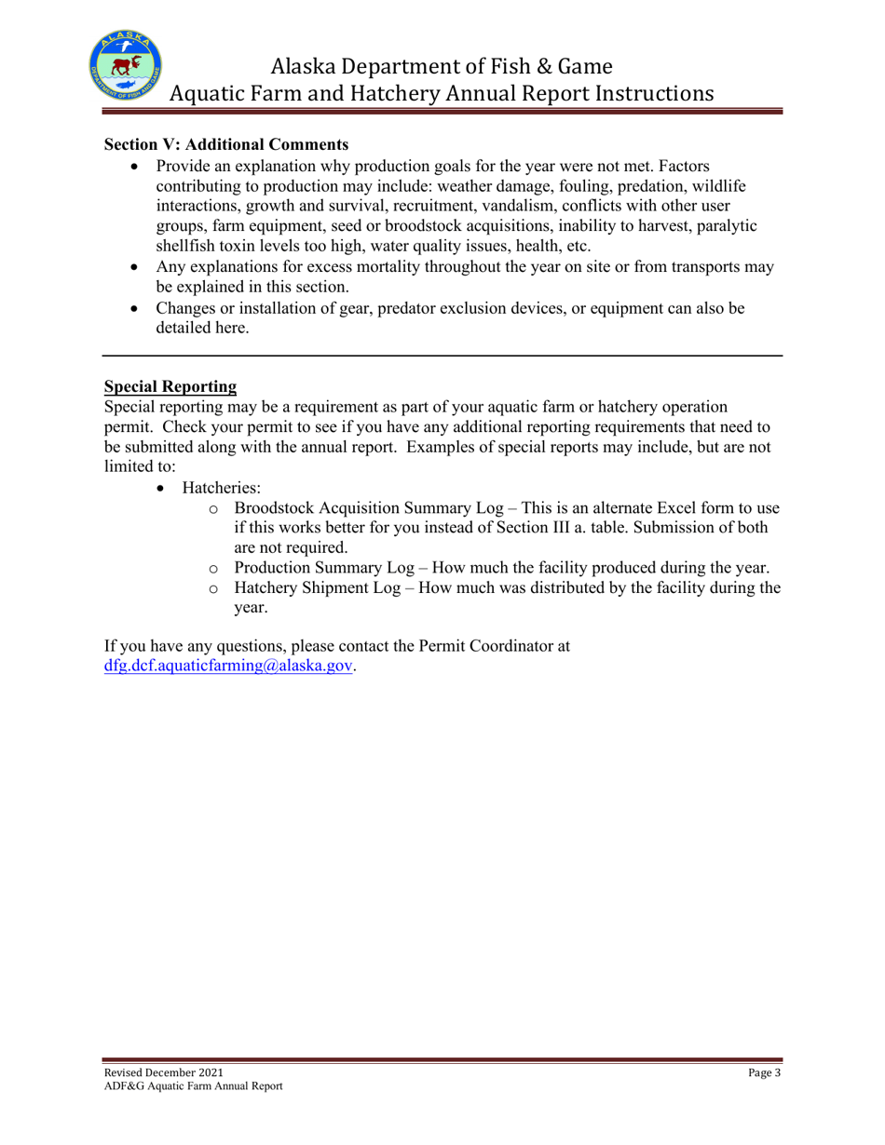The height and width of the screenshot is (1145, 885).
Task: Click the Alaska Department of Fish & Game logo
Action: [x=129, y=66]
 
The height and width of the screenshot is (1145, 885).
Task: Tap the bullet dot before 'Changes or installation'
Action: [x=135, y=313]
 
